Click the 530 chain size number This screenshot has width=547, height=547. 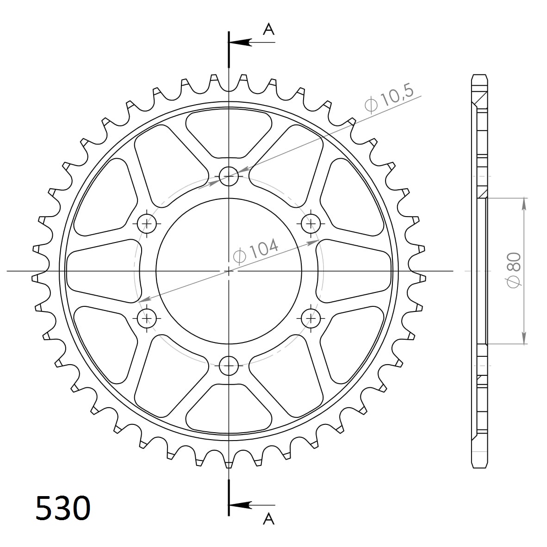[62, 508]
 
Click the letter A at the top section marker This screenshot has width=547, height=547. [268, 30]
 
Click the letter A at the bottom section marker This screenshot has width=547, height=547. [268, 519]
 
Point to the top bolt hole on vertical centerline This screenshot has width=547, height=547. [229, 175]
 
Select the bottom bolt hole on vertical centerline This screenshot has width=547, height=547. [229, 366]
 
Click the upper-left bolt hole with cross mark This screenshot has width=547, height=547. [148, 224]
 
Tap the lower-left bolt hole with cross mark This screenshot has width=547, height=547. [148, 318]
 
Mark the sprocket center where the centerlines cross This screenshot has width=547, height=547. [229, 270]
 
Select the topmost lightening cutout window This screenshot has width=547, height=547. [229, 132]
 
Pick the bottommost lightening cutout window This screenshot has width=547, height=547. [229, 410]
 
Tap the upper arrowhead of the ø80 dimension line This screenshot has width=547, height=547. [524, 204]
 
